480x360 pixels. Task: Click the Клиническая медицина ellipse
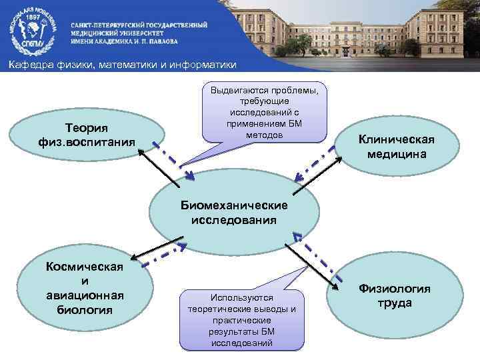tap(396, 147)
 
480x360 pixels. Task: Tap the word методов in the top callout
tap(264, 135)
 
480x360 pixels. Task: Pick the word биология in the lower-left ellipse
tap(85, 310)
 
